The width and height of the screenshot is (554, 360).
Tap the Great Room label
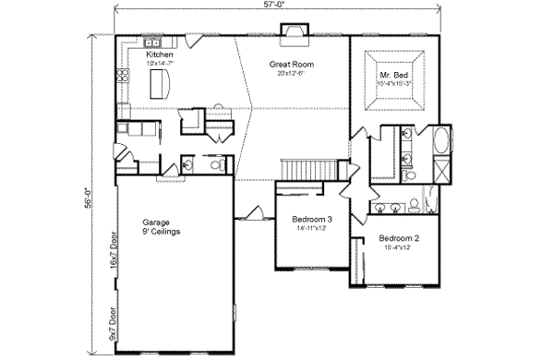288,65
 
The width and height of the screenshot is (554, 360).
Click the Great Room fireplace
294,36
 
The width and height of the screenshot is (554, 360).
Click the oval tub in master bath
441,143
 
